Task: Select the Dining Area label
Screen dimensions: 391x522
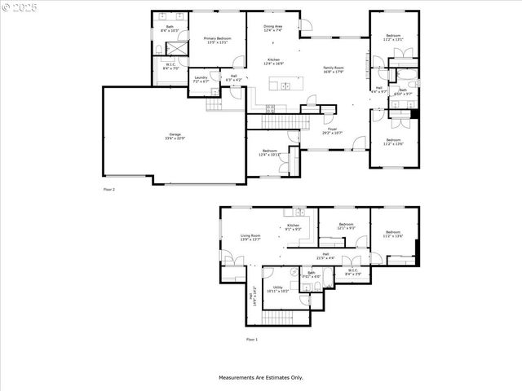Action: (x=272, y=26)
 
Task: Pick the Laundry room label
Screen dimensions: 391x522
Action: (x=201, y=78)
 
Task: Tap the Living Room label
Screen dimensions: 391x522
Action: (x=250, y=235)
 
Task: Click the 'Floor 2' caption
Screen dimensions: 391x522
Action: (x=108, y=189)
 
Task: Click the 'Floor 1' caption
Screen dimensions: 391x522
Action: (x=251, y=339)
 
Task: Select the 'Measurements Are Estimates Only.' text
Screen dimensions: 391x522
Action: (x=260, y=377)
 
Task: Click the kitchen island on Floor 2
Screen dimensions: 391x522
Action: (x=284, y=86)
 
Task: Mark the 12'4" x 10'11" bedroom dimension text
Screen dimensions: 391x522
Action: (x=269, y=155)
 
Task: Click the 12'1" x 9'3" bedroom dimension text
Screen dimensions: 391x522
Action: (x=346, y=228)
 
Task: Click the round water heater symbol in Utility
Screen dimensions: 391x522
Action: (x=292, y=272)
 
